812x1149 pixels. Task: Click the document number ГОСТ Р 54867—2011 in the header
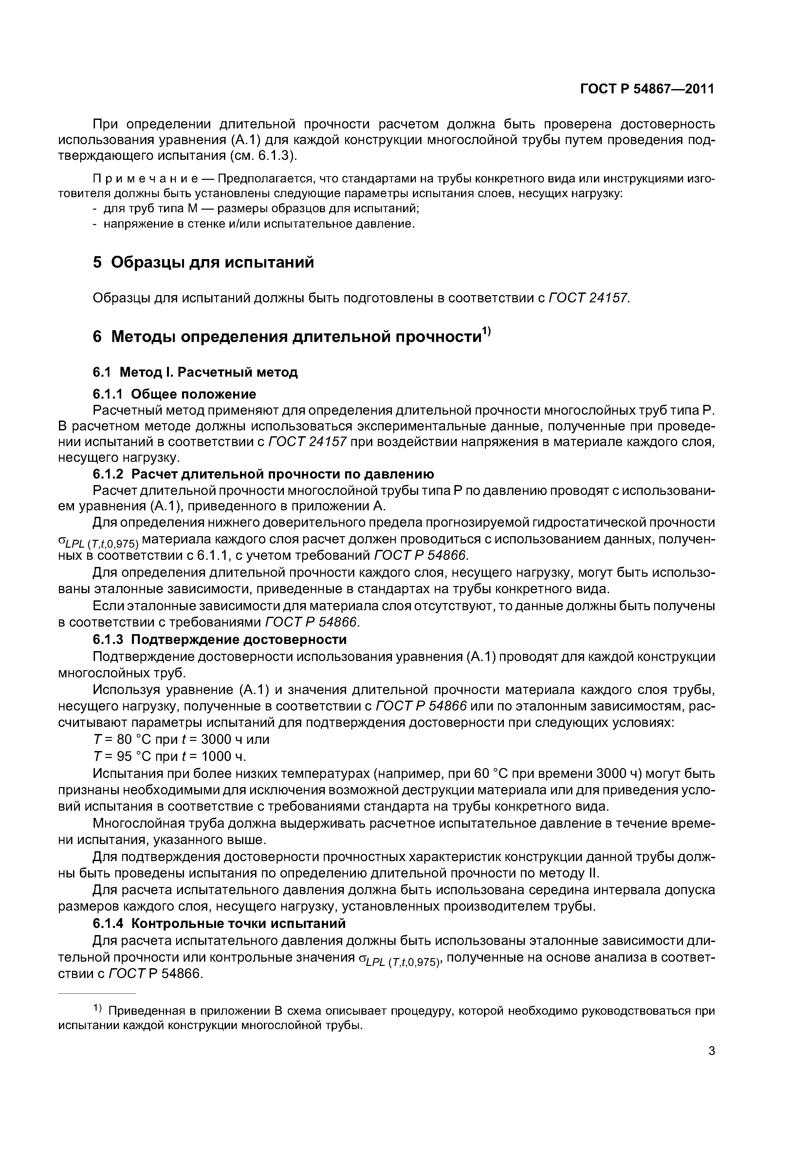coord(647,89)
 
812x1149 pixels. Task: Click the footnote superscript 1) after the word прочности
coord(486,331)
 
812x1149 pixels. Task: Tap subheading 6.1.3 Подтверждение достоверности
coord(220,640)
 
